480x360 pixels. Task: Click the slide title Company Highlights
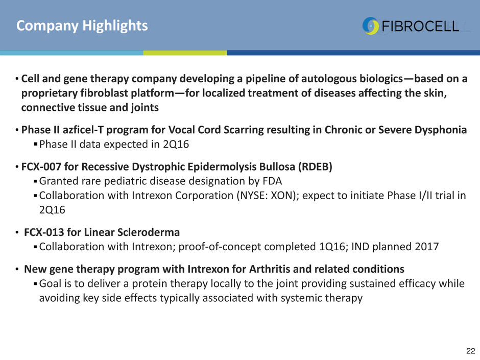82,26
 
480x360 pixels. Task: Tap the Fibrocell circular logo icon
370,26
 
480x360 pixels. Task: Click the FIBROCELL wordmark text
420,27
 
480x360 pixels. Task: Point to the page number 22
470,351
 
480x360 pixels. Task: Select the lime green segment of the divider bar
185,53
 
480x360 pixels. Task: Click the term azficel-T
83,130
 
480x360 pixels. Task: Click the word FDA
272,181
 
